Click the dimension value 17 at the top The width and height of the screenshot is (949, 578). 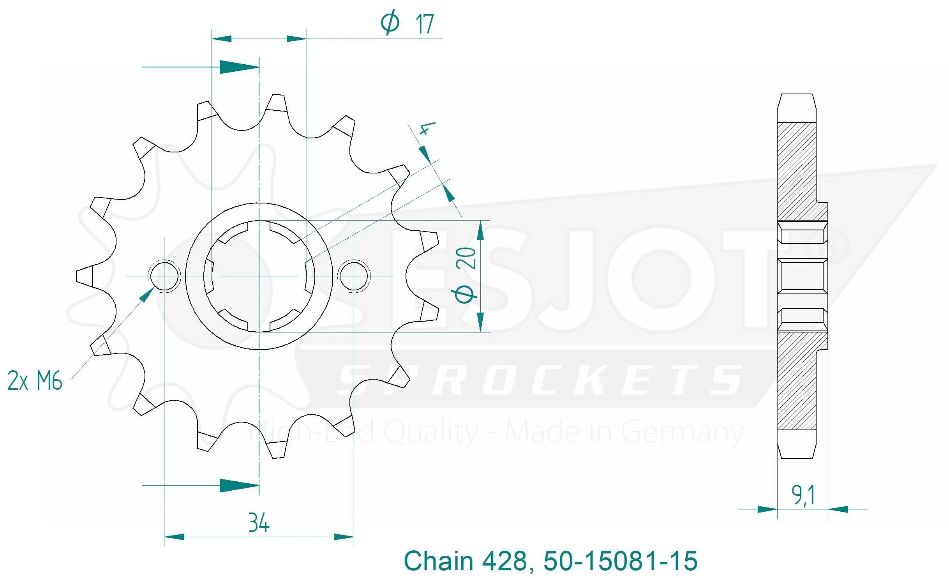(x=425, y=24)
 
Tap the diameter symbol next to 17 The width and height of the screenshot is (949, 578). (x=390, y=23)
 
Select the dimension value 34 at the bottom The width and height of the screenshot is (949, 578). (x=259, y=523)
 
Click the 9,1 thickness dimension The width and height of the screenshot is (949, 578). (x=803, y=495)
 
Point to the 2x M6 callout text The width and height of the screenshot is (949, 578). (x=35, y=381)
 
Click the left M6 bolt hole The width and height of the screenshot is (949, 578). (x=164, y=276)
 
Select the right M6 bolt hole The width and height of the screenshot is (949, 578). (x=354, y=276)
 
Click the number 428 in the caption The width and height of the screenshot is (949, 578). (x=505, y=561)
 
